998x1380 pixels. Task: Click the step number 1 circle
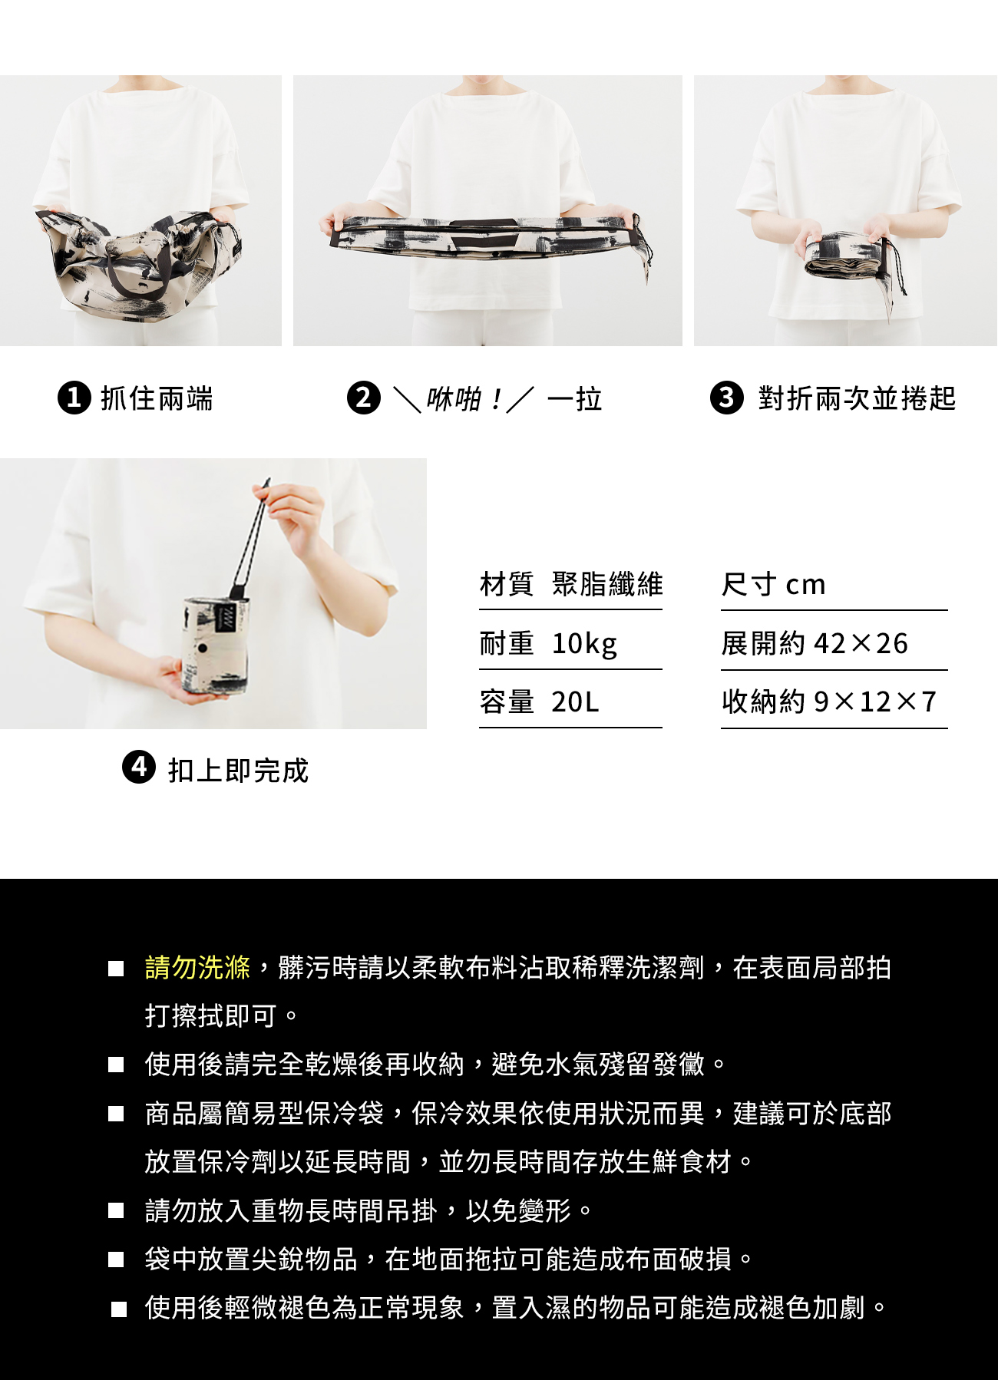(74, 398)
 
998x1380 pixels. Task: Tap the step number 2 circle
(364, 398)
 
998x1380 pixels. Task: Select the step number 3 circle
(727, 398)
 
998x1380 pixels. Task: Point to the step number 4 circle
(139, 768)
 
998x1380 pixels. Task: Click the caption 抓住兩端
(157, 398)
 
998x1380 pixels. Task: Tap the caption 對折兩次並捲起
(857, 398)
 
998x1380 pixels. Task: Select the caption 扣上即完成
(238, 770)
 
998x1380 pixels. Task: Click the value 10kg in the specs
(584, 643)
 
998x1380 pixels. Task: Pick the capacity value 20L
(575, 702)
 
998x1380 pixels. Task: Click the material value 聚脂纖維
(607, 584)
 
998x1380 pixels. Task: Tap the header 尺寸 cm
(773, 585)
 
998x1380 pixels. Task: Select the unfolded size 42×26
(861, 643)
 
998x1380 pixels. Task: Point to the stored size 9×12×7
(875, 702)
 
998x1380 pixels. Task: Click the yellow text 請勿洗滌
(197, 968)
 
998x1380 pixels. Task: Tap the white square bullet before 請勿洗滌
(116, 969)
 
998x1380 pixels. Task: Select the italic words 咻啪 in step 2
(454, 399)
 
